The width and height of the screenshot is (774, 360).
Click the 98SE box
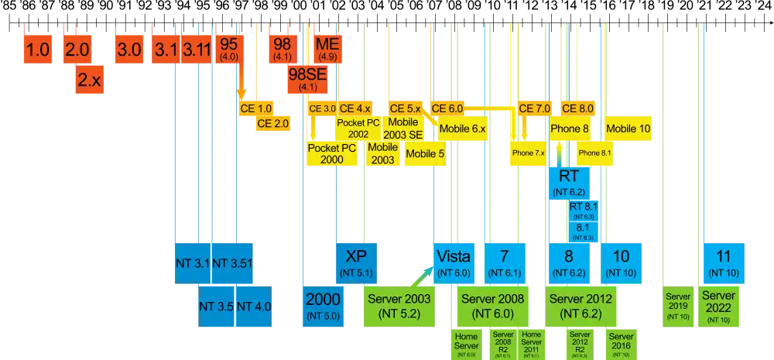coord(307,80)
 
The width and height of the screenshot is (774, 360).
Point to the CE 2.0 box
coord(272,123)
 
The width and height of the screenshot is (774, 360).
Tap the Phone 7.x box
coord(529,153)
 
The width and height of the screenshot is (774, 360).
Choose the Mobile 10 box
coord(628,129)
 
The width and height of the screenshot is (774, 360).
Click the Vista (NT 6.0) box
coord(454,262)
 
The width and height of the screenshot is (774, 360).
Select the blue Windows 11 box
coord(724,262)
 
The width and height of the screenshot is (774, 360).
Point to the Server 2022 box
coord(718,305)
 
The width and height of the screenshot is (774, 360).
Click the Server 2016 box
coord(621,343)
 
